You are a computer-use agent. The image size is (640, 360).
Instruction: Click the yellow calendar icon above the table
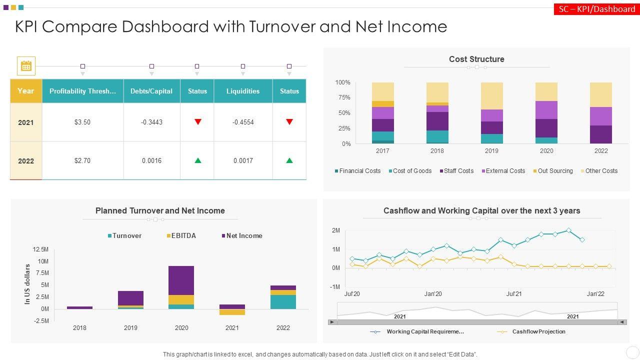26,66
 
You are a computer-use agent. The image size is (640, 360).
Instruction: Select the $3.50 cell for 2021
82,122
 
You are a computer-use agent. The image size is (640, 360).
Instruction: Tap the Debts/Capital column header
151,91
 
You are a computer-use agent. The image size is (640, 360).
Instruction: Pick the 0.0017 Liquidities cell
243,160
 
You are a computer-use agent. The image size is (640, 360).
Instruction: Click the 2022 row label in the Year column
26,160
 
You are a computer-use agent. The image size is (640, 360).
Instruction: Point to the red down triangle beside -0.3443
198,121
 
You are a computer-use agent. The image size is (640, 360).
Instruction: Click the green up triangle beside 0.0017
289,160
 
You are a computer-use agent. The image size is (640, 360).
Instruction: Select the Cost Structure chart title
476,59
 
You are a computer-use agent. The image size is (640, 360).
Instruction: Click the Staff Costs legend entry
456,171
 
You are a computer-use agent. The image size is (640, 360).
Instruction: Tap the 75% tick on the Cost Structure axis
342,97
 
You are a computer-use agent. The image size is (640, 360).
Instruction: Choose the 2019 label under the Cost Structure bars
491,151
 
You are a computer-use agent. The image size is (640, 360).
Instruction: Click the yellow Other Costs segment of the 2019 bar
491,95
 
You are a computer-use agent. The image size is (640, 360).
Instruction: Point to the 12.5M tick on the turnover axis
40,249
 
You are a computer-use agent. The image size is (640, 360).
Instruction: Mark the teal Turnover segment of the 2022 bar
283,302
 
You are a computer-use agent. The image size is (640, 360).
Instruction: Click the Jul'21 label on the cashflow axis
514,294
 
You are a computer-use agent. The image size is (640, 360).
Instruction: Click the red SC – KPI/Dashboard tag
596,9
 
